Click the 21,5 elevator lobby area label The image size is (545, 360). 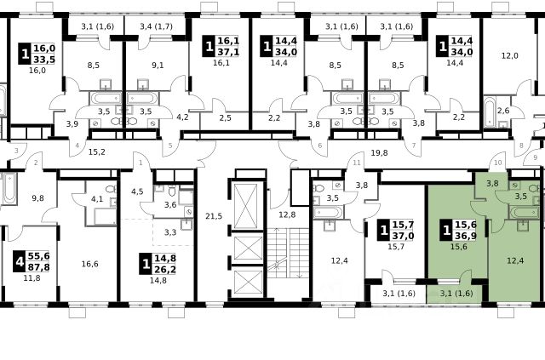(214, 216)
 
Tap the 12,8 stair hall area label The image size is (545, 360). (287, 214)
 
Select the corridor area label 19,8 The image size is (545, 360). (379, 152)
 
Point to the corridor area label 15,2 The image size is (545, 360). (96, 151)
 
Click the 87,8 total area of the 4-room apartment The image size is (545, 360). (39, 267)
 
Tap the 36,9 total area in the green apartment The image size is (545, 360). (466, 236)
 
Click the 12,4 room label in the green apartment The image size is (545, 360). (515, 260)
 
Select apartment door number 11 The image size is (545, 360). (357, 163)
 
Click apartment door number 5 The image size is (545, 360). (170, 146)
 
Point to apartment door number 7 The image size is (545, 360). (414, 146)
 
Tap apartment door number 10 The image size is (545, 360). (498, 163)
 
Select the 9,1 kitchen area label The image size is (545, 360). (158, 65)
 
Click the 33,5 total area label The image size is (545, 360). (44, 60)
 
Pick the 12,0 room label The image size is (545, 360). (510, 55)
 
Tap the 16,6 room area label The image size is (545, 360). (89, 264)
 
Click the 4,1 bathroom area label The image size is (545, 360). (97, 199)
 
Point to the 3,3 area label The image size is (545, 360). (170, 232)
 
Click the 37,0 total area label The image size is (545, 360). (403, 236)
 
